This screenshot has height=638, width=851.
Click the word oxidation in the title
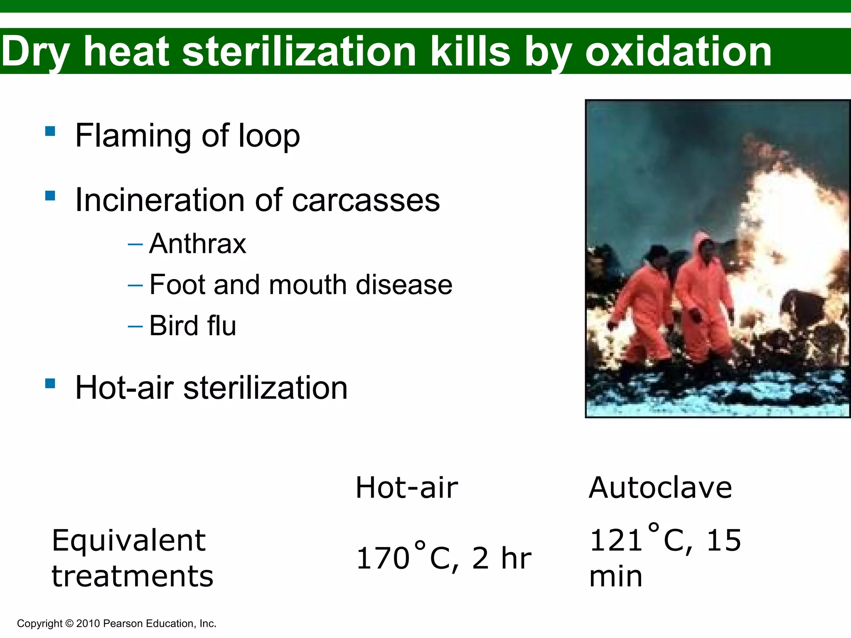click(x=678, y=52)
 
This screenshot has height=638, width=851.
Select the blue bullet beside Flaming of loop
click(x=50, y=131)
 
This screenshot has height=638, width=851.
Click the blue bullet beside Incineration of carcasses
click(x=50, y=196)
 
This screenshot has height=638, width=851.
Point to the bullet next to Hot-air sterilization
click(x=50, y=383)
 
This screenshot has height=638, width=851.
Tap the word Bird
click(x=174, y=326)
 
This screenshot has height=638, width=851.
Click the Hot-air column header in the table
click(x=406, y=488)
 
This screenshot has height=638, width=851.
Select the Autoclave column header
click(x=660, y=488)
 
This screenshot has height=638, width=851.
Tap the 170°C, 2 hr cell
click(x=443, y=557)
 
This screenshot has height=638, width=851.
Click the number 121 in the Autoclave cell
click(x=616, y=540)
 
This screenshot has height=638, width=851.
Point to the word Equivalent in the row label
click(x=128, y=541)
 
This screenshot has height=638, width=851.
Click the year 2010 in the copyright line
click(x=88, y=623)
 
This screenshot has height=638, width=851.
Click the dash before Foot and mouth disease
click(x=135, y=285)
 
